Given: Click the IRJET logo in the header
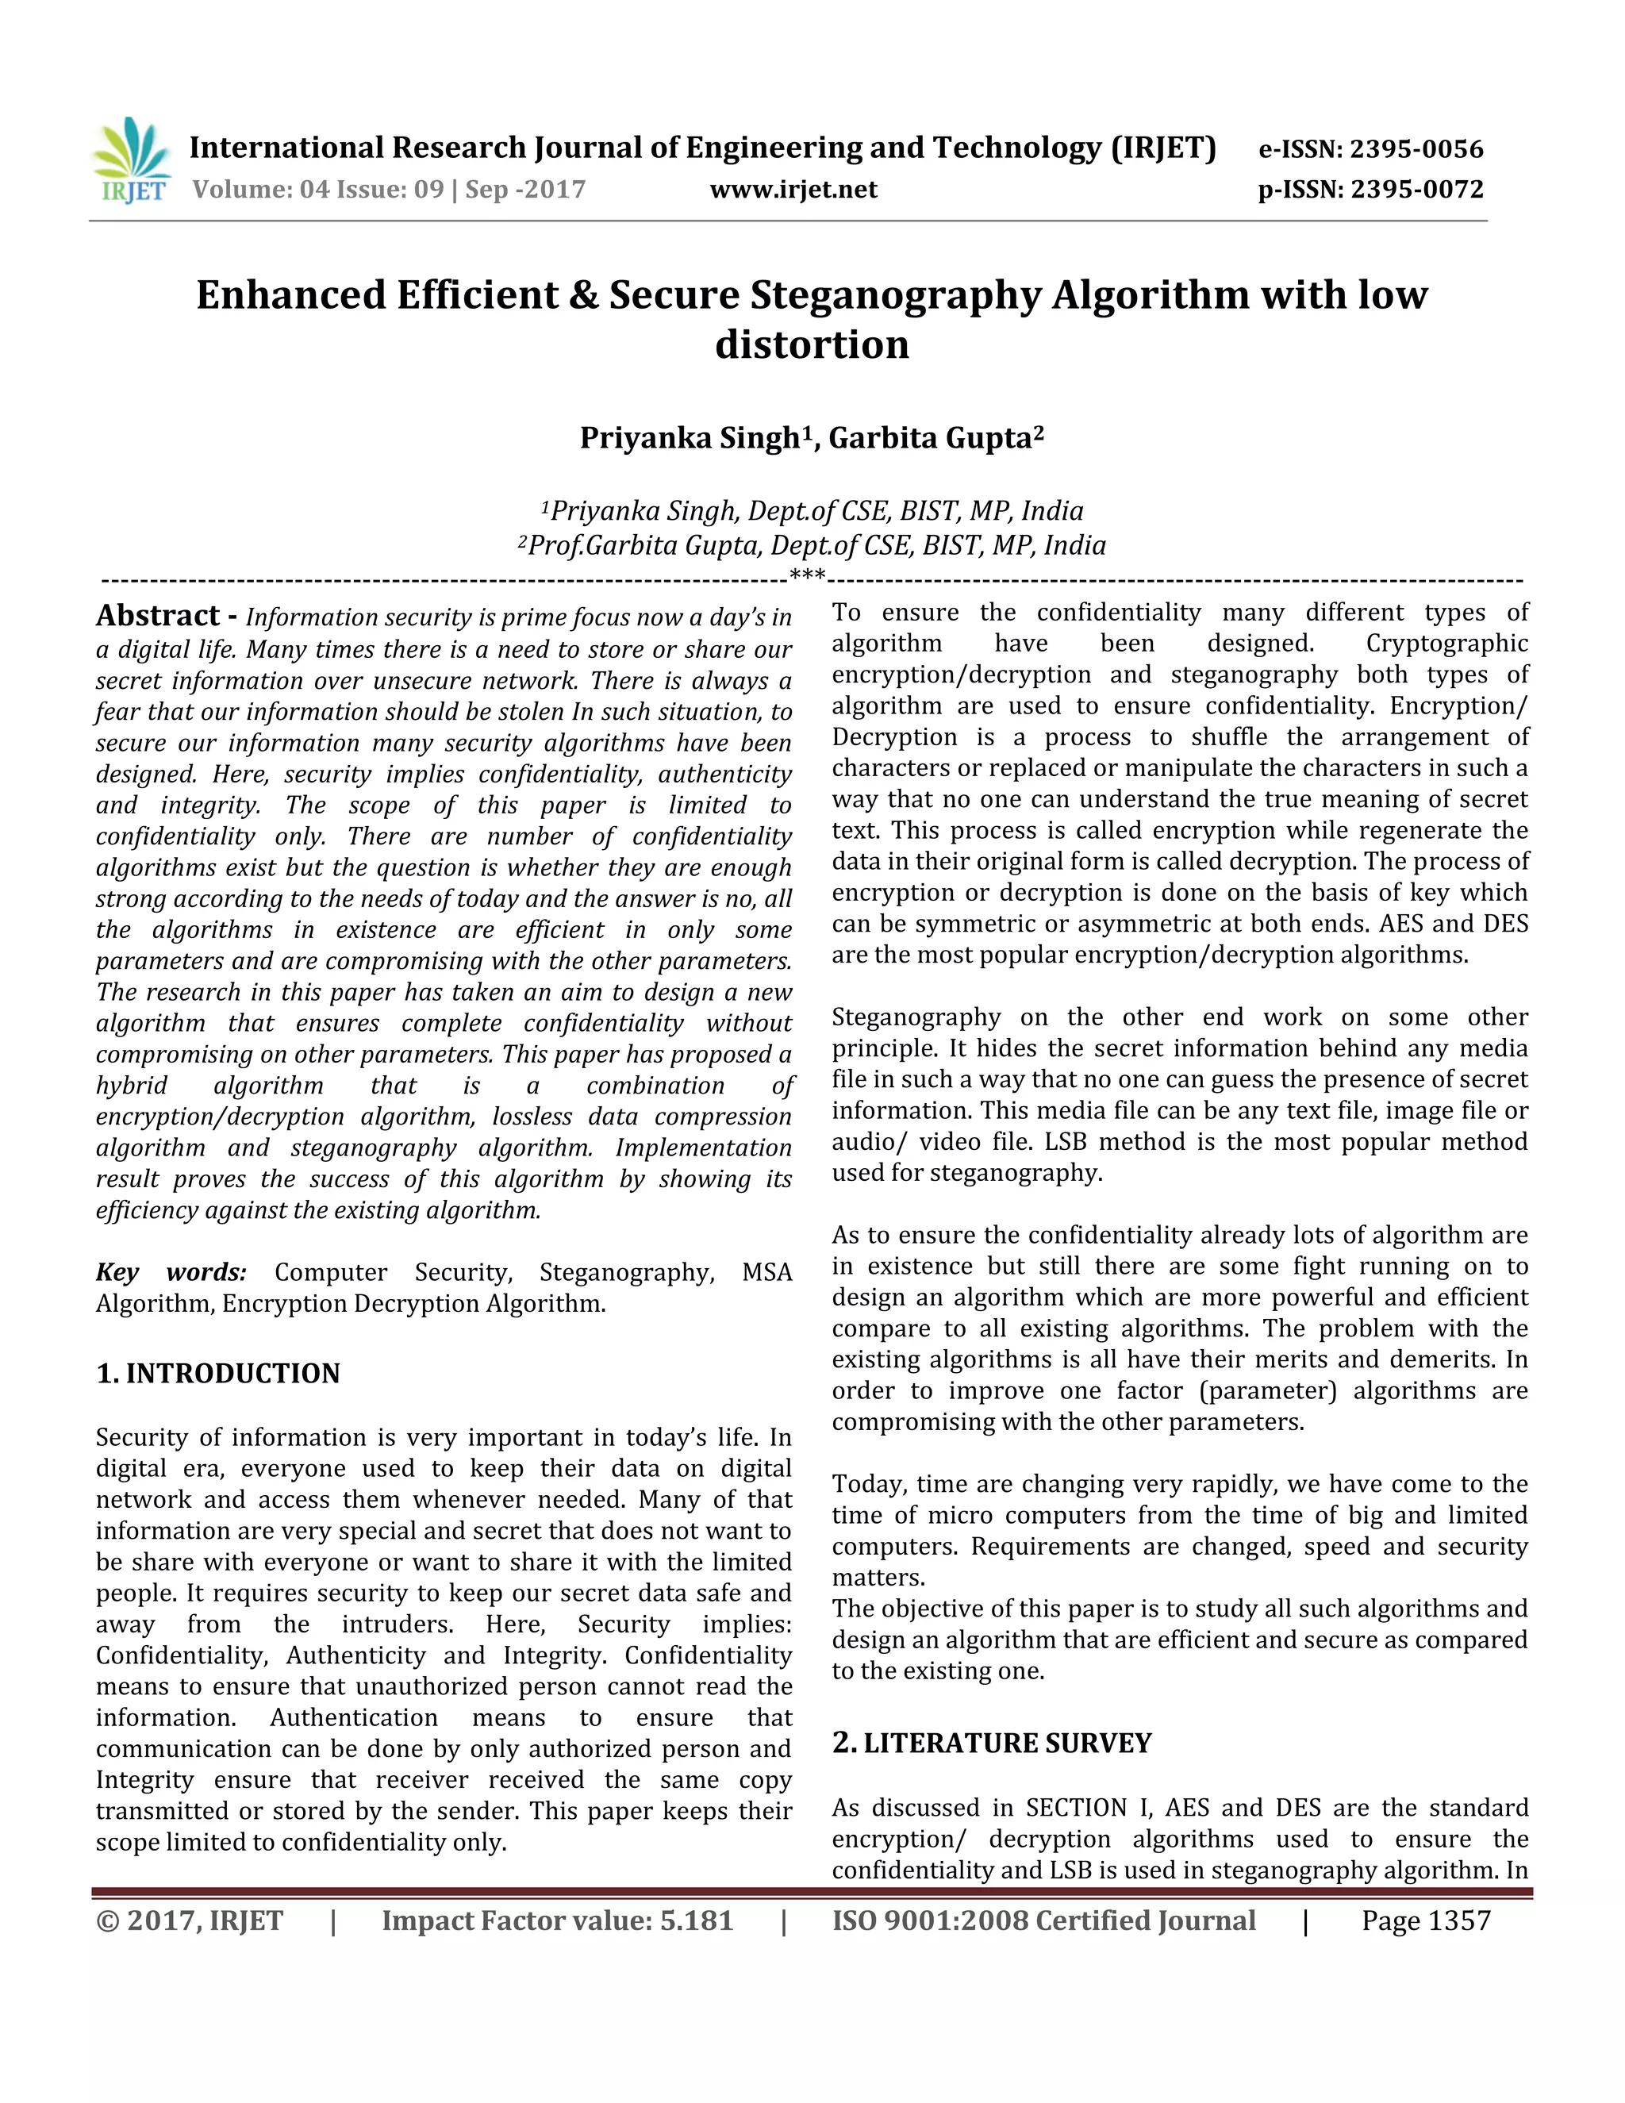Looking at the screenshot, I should [133, 161].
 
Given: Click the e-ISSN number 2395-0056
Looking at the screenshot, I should [1416, 149].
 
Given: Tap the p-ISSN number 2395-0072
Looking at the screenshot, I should [1416, 190].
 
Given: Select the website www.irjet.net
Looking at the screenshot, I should [793, 190].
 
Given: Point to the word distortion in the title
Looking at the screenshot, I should [812, 344].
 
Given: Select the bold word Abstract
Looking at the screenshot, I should [158, 615].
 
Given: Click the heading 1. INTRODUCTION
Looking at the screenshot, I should [218, 1373].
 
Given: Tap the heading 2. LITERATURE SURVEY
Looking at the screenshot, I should [992, 1743].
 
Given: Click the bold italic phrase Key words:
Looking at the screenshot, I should [171, 1272].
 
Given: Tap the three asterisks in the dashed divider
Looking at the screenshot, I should [807, 578].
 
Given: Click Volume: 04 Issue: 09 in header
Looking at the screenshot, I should [317, 190].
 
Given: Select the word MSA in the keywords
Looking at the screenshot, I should [766, 1272].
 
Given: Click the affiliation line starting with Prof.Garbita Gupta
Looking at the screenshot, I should [812, 546].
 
